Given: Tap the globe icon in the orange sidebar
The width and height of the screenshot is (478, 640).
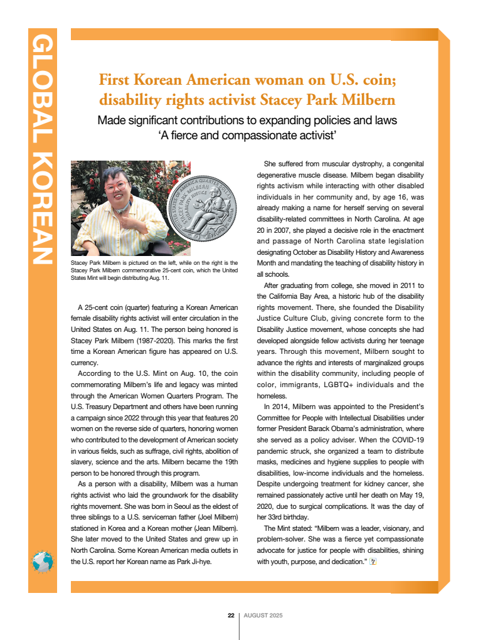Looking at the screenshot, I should pyautogui.click(x=43, y=560).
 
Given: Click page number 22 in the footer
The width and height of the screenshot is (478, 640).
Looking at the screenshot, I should pyautogui.click(x=231, y=616).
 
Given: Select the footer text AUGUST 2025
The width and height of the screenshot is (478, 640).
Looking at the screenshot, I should pyautogui.click(x=263, y=616).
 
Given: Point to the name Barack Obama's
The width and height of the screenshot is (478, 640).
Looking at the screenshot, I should pyautogui.click(x=343, y=429).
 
